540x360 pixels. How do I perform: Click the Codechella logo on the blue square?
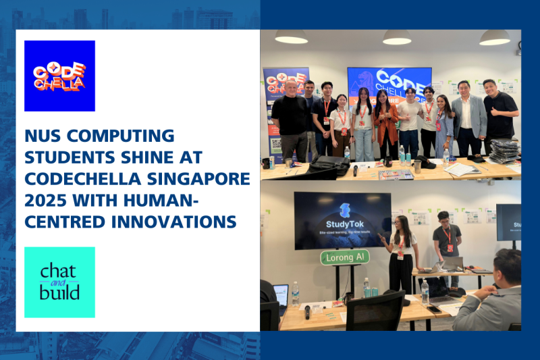pos(59,76)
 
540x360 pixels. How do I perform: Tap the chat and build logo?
pos(59,282)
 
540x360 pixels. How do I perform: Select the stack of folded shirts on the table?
pos(502,151)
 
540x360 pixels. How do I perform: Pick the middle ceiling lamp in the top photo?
pos(396,37)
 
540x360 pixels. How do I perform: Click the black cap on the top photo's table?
pos(425,163)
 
